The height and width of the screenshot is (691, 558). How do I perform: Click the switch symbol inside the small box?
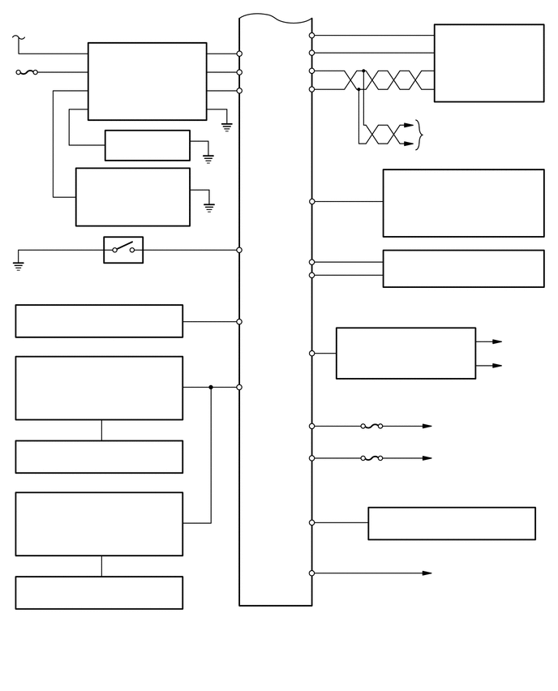tap(123, 249)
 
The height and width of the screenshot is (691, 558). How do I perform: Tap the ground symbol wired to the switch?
tap(19, 264)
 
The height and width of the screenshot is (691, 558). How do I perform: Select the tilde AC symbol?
tap(19, 37)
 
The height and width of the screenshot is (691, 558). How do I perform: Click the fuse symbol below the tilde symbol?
tap(27, 72)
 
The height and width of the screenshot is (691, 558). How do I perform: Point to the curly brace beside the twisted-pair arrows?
tap(419, 135)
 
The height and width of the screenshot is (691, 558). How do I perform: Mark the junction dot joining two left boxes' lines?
tap(211, 387)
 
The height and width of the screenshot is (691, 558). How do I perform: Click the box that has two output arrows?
tap(406, 353)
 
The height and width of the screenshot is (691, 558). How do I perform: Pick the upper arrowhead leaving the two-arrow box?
tap(496, 341)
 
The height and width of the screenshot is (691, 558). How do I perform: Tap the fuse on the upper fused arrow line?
tap(371, 426)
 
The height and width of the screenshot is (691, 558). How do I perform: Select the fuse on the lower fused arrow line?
tap(371, 458)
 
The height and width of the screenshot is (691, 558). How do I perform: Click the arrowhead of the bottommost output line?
tap(427, 573)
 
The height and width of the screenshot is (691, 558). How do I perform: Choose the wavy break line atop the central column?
tap(276, 18)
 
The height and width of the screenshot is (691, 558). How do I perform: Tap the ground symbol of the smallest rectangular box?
tap(208, 158)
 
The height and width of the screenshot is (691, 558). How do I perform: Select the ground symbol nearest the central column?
tap(227, 127)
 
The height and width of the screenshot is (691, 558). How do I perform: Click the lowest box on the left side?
tap(99, 592)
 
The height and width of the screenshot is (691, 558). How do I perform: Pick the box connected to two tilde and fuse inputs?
tap(147, 81)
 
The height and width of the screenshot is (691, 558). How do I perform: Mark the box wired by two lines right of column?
tap(463, 268)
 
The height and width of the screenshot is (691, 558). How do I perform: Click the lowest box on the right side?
tap(451, 523)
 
